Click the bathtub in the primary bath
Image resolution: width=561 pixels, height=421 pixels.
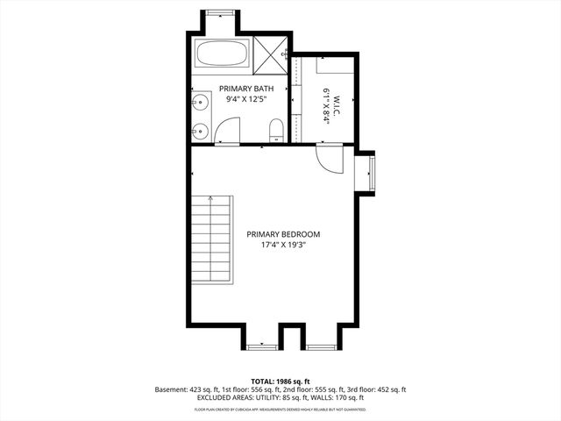pos(223,54)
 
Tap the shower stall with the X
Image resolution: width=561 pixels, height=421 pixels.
pos(272,53)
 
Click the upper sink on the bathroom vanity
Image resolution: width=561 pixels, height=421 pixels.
pos(200,102)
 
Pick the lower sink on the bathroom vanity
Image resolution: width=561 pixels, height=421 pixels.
pos(200,132)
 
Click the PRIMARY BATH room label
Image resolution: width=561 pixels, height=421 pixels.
pos(246,89)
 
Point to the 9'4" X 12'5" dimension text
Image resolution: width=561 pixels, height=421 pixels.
pos(246,100)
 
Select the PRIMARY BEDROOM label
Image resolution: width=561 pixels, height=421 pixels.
pos(283,234)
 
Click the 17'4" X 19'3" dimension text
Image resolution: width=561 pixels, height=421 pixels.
pos(283,246)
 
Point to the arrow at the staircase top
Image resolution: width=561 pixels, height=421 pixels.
pos(209,203)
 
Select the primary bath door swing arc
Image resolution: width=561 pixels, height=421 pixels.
pos(226,132)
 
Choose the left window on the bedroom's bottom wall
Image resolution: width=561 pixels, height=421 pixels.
pos(261,347)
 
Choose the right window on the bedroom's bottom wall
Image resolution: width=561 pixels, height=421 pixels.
pos(320,347)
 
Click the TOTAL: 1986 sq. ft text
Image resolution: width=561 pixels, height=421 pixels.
pos(280,380)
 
